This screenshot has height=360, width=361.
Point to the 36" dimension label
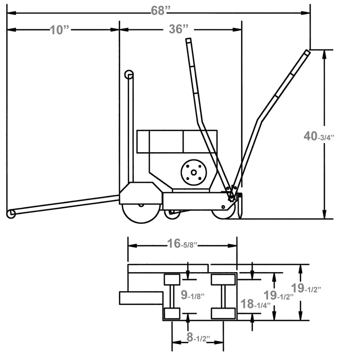click(178, 29)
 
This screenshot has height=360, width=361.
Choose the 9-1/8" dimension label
click(193, 295)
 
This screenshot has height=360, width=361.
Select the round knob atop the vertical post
click(129, 75)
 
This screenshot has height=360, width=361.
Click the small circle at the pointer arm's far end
click(10, 213)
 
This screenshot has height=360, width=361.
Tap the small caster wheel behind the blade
click(171, 210)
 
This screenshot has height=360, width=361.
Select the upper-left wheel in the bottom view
click(171, 280)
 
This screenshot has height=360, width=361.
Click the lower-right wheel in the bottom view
click(224, 313)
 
